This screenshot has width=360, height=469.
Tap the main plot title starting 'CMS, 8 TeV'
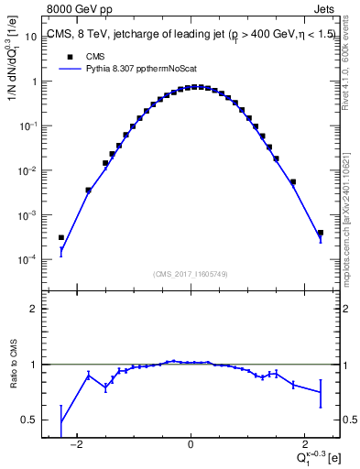click(183, 36)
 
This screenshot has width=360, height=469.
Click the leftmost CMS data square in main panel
click(61, 237)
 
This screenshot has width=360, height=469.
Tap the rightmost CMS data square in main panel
click(321, 233)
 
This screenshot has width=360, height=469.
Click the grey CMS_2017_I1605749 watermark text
click(191, 274)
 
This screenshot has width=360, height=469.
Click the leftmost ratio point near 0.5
click(61, 421)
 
